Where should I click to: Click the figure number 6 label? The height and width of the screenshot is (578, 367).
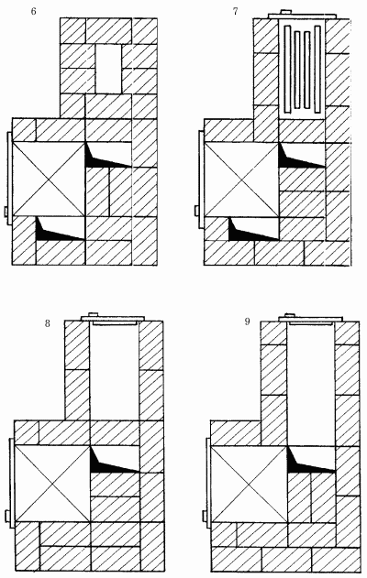[34, 11]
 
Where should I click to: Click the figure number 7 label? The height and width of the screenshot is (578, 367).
[236, 11]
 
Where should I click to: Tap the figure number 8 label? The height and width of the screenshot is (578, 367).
[48, 323]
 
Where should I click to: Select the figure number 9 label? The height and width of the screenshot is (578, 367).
[247, 322]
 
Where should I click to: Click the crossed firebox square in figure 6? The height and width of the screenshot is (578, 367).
[49, 179]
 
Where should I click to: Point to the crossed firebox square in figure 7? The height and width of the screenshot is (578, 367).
[241, 180]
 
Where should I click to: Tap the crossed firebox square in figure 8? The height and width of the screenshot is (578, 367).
[52, 483]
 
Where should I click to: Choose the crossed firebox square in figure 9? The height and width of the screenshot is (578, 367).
[249, 484]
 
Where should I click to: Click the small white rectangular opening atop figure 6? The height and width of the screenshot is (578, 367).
[108, 69]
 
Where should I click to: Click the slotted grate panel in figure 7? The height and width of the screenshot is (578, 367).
[302, 70]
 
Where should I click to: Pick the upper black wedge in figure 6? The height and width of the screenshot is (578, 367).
[107, 157]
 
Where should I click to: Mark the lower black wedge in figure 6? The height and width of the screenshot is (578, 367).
[59, 230]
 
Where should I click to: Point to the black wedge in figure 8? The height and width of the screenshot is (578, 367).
[113, 460]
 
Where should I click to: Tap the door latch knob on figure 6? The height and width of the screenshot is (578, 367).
[6, 212]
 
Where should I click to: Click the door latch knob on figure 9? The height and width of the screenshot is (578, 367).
[205, 517]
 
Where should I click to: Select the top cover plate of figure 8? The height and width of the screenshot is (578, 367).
[113, 318]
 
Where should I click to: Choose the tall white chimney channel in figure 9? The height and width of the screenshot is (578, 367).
[311, 384]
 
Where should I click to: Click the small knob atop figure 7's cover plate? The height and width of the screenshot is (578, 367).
[286, 12]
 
